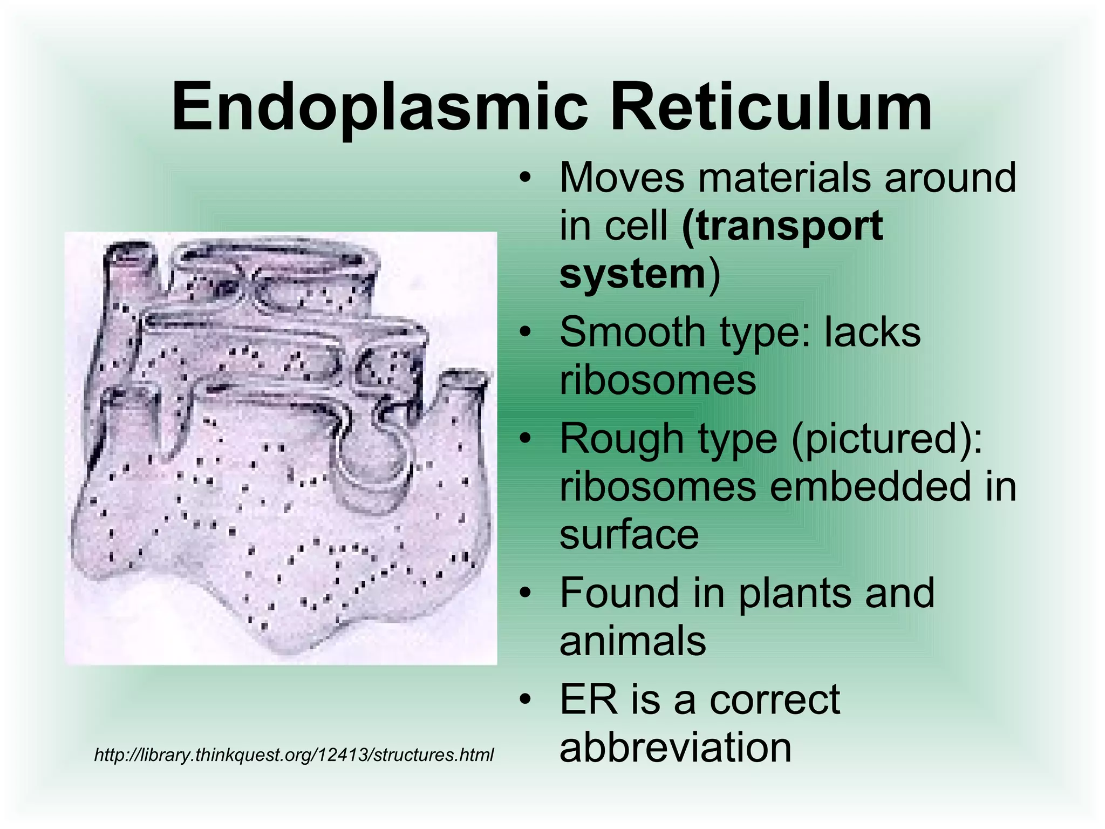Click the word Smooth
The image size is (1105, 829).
pyautogui.click(x=632, y=332)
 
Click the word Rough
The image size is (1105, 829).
pyautogui.click(x=615, y=438)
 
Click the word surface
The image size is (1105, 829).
pyautogui.click(x=629, y=535)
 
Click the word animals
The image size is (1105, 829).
pyautogui.click(x=632, y=641)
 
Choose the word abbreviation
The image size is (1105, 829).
pyautogui.click(x=675, y=748)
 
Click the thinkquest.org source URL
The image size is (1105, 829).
pyautogui.click(x=294, y=755)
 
